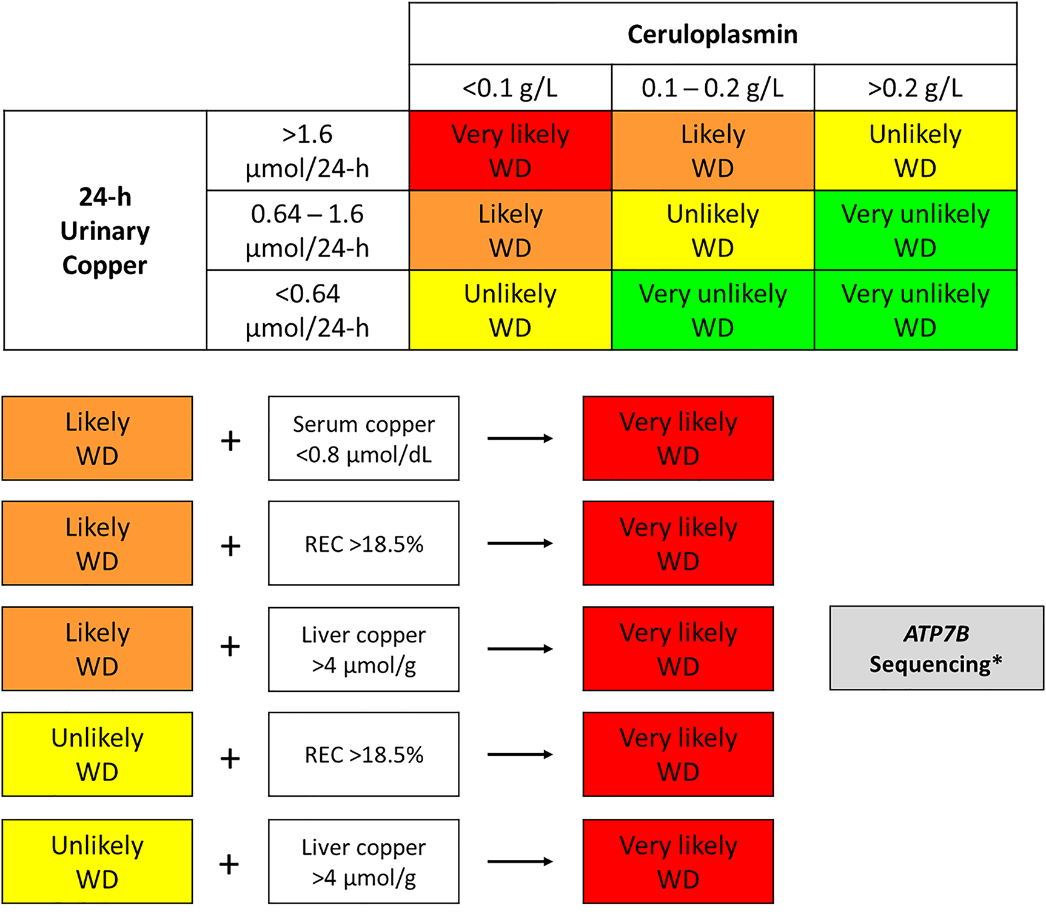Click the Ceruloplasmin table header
(x=712, y=34)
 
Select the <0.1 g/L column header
(x=510, y=88)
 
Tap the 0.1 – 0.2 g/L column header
(x=712, y=88)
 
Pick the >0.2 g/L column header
(x=915, y=88)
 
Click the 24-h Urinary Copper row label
(x=105, y=230)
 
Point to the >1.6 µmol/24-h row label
(x=307, y=151)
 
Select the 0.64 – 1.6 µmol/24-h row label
(x=307, y=230)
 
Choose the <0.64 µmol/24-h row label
(x=307, y=311)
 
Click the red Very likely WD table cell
(x=510, y=151)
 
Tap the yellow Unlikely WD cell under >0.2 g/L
(x=915, y=151)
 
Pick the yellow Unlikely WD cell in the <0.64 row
(x=510, y=311)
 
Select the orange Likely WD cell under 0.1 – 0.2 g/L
(x=712, y=151)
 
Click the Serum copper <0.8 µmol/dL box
(x=363, y=438)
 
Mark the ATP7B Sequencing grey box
(x=936, y=648)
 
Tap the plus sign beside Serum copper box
(x=230, y=440)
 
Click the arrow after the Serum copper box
(x=520, y=438)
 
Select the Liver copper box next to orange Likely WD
(x=363, y=650)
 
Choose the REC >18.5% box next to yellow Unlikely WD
(x=363, y=754)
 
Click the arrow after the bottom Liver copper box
(x=520, y=861)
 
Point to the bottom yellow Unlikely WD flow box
(x=97, y=862)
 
